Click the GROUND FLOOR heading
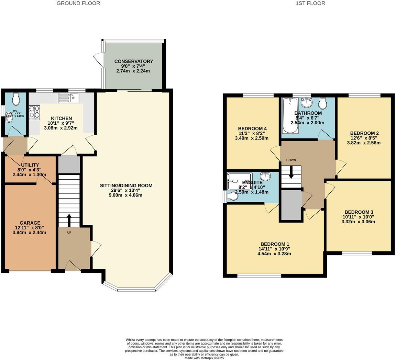(x=78, y=3)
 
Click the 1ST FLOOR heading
(x=310, y=3)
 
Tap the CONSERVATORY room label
(x=134, y=61)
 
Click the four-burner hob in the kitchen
(x=34, y=111)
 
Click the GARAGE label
(x=30, y=223)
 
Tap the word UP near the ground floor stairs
(x=69, y=233)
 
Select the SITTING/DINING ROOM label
(x=126, y=185)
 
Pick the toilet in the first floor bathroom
(x=323, y=103)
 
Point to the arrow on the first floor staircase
(x=291, y=172)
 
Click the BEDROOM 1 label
(x=274, y=244)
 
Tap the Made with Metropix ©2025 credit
(x=204, y=358)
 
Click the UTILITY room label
(x=30, y=165)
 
